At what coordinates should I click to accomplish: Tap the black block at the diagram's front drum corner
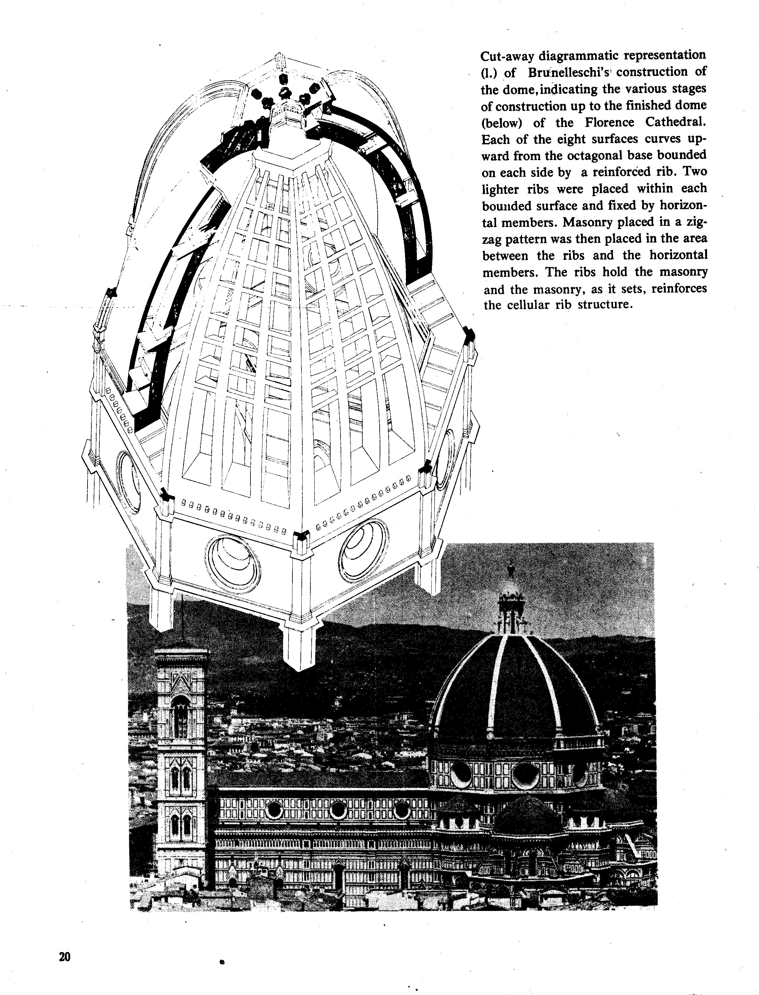[301, 537]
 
